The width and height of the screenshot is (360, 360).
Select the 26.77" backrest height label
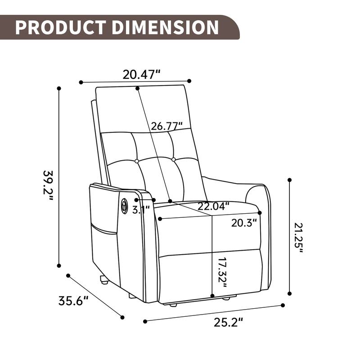pyautogui.click(x=167, y=126)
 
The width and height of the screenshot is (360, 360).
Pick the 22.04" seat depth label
pyautogui.click(x=213, y=207)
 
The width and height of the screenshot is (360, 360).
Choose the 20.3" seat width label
pyautogui.click(x=244, y=222)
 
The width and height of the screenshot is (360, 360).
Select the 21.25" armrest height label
pyautogui.click(x=299, y=237)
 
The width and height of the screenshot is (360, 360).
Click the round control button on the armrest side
pyautogui.click(x=124, y=207)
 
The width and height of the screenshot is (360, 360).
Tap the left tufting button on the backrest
pyautogui.click(x=136, y=161)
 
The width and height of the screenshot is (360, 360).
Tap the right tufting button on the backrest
pyautogui.click(x=173, y=159)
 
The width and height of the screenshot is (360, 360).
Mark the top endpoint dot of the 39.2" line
pyautogui.click(x=59, y=88)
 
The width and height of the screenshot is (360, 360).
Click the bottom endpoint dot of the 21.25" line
pyautogui.click(x=290, y=293)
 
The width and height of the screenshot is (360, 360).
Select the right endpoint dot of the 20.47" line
pyautogui.click(x=189, y=81)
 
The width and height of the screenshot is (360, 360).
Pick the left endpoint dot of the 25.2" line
pyautogui.click(x=144, y=321)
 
